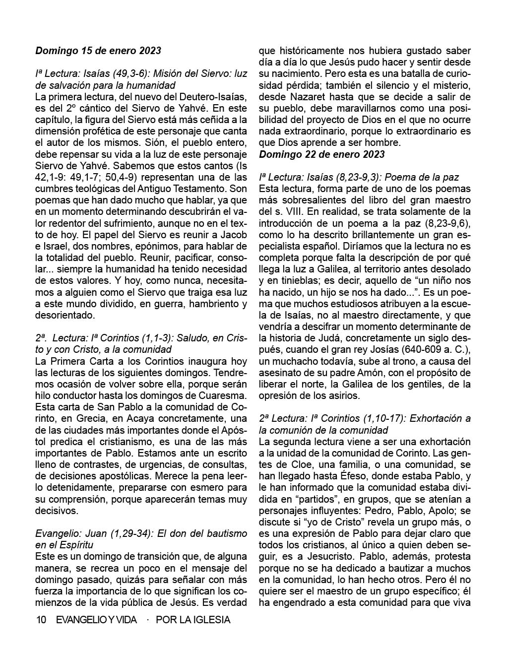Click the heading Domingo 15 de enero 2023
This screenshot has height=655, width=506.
tap(98, 51)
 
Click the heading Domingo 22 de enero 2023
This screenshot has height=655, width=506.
tap(321, 154)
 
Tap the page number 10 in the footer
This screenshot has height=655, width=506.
tap(41, 620)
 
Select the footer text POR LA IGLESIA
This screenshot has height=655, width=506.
tap(193, 620)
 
